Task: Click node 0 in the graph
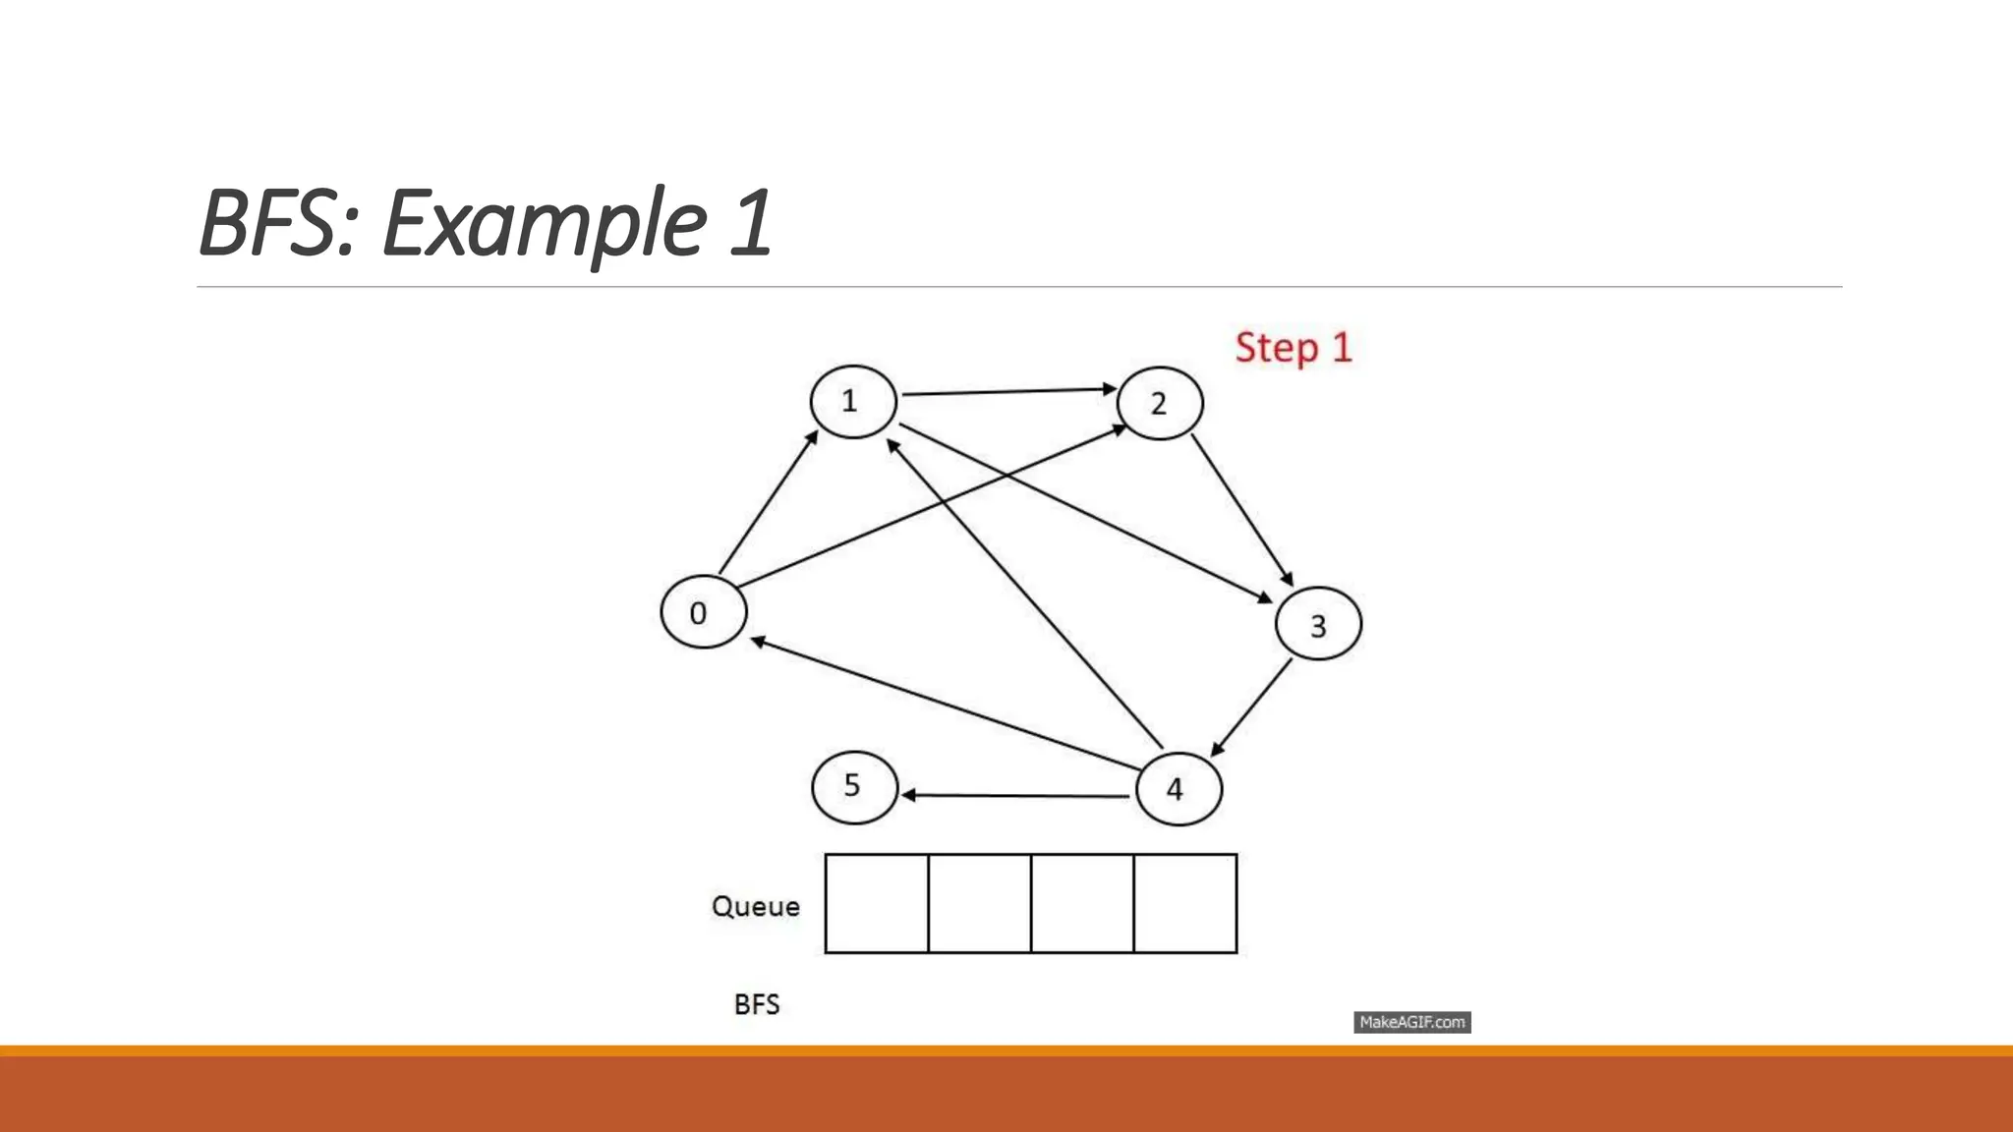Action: coord(703,611)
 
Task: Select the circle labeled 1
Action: coord(853,401)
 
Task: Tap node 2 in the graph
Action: coord(1160,403)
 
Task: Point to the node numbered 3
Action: coord(1318,624)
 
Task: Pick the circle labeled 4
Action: coord(1179,788)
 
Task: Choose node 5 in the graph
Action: coord(854,786)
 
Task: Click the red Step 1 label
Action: coord(1294,348)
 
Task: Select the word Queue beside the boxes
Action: coord(755,905)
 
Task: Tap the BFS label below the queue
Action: coord(757,1004)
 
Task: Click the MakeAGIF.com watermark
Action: coord(1411,1022)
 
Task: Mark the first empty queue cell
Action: coord(877,903)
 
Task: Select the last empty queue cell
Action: coord(1184,903)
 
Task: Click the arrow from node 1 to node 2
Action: coord(1007,392)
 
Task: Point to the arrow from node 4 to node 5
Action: coord(1017,795)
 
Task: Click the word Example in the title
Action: coord(544,223)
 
